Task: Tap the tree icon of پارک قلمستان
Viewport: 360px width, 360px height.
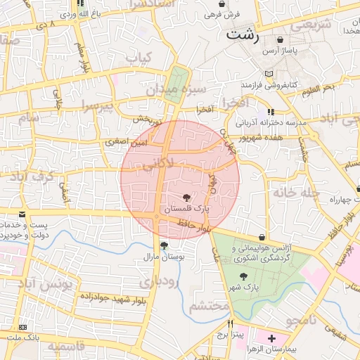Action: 186,198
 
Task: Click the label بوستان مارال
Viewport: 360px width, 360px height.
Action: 163,258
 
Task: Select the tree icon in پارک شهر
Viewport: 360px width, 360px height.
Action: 244,276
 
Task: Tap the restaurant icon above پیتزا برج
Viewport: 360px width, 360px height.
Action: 231,325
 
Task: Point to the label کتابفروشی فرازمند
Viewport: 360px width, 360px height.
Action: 247,85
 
